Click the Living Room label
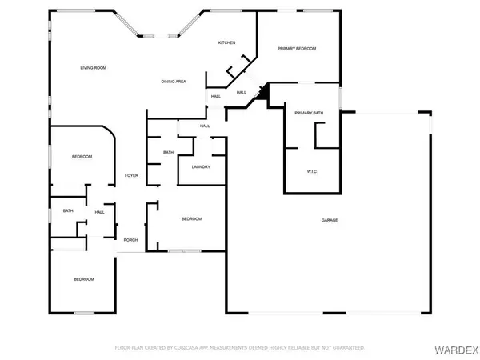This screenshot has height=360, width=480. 94,68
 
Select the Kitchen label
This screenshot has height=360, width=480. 226,42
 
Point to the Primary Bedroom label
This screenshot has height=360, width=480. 297,49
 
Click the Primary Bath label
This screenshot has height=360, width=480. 308,113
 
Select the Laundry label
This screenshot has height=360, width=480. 200,166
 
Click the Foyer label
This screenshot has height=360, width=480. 131,176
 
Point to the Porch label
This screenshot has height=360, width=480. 130,240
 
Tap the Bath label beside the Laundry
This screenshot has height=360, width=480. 169,152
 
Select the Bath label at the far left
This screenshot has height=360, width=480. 68,211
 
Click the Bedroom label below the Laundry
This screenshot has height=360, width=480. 190,219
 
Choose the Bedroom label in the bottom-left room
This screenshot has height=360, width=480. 84,279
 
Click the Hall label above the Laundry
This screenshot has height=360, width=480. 205,126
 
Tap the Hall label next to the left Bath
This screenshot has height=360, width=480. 100,212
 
